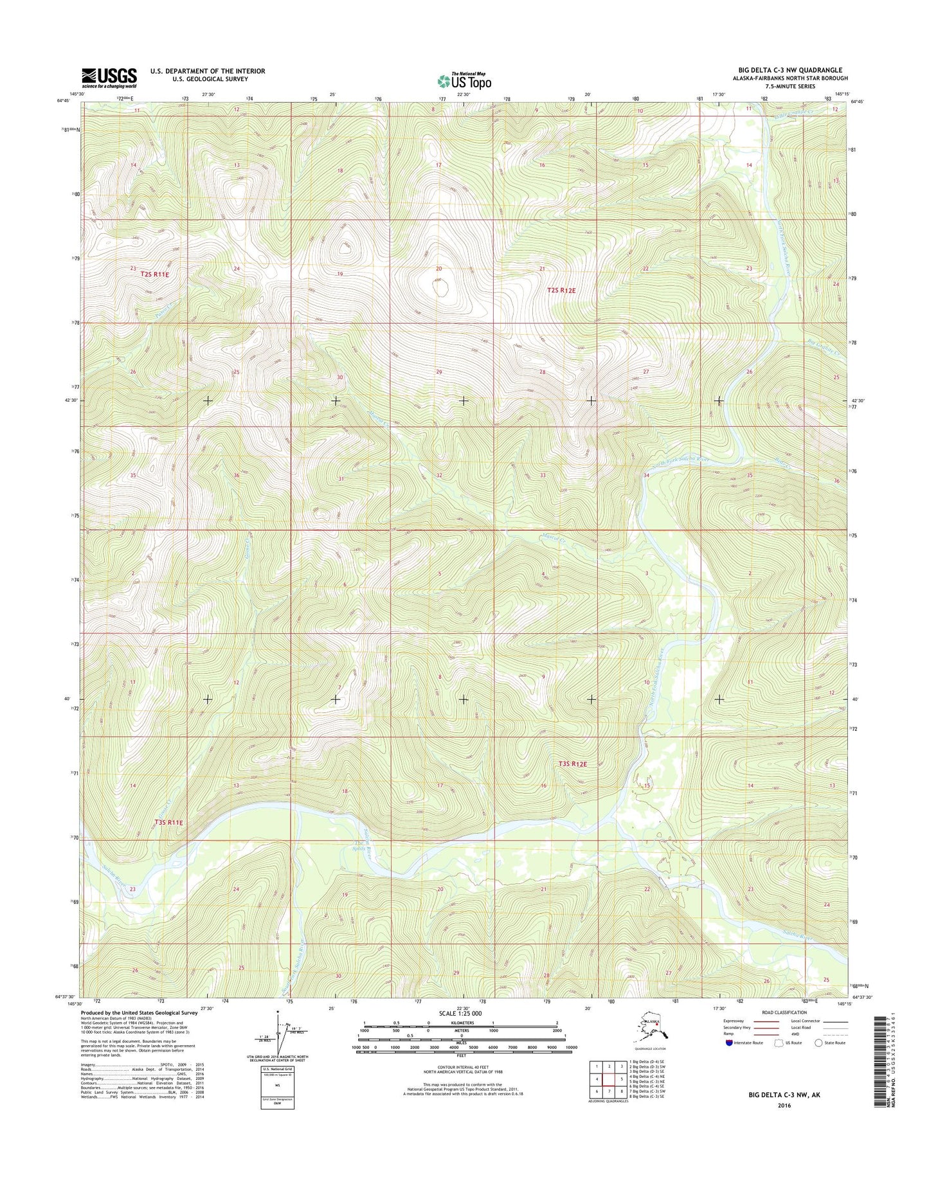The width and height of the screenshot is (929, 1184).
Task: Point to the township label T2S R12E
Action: (561, 291)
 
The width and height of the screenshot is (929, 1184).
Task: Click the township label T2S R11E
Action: (154, 274)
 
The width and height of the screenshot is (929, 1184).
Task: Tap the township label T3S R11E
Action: (168, 822)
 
